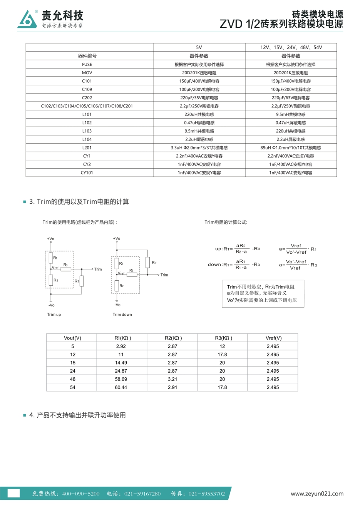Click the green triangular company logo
pos(27,19)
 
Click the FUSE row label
pos(87,65)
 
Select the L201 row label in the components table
pos(87,148)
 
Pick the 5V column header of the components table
pos(199,47)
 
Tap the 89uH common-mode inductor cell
pos(291,148)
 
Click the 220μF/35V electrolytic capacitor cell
pos(199,98)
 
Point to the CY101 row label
pos(87,173)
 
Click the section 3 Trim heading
pos(79,202)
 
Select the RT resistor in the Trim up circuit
pos(82,281)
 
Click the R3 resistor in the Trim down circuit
pos(132,275)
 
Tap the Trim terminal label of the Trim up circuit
pos(98,270)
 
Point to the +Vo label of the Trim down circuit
pos(117,239)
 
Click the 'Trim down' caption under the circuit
pos(122,315)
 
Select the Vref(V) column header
pos(273,338)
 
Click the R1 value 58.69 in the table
pos(121,379)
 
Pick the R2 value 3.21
pos(172,379)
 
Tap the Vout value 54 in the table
pos(73,387)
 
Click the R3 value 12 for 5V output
pos(222,347)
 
